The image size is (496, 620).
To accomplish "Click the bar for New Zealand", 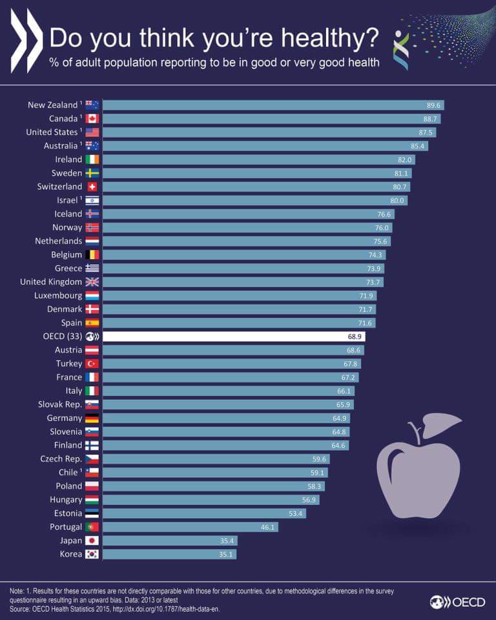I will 271,105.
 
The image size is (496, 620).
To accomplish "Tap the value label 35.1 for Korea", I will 227,554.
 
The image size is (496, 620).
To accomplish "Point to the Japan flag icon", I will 92,541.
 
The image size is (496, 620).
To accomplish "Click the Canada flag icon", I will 92,119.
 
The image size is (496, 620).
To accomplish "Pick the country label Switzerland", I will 59,187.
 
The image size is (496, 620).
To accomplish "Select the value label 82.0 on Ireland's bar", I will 406,160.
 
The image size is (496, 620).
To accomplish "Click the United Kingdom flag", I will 92,282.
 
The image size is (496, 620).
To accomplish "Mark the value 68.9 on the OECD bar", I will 356,336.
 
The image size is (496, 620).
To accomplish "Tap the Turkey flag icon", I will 92,364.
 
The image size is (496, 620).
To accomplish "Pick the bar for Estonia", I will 204,513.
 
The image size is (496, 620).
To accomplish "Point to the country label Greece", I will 68,268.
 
